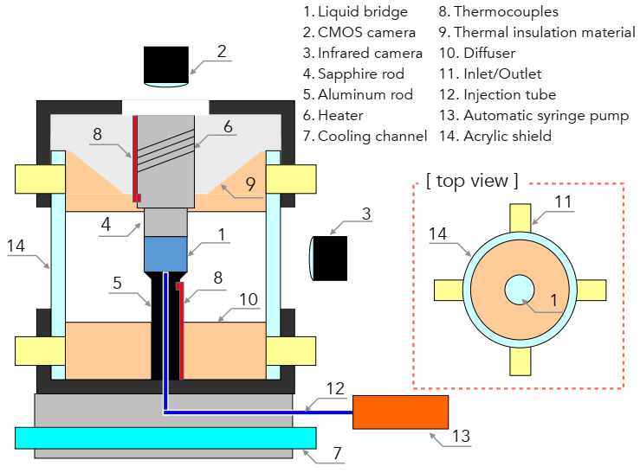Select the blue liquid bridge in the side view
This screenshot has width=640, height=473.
(165, 252)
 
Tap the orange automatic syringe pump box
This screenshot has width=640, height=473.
(400, 412)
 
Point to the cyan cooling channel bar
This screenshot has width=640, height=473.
(164, 438)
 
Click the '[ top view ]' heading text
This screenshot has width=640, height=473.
(472, 181)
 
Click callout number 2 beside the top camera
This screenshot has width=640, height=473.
(222, 51)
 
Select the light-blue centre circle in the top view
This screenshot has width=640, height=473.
(521, 289)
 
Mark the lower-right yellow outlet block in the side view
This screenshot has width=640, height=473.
(289, 350)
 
